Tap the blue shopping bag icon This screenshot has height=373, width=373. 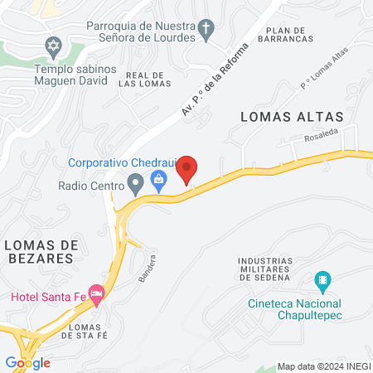point(159,178)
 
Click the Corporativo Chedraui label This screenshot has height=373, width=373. point(119,162)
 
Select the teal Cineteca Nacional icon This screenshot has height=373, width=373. point(325,280)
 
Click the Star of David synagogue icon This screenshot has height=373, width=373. point(56,43)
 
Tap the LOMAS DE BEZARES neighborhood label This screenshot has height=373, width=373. point(39,251)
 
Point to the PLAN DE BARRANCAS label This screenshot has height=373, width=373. point(285,33)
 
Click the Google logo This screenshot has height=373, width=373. point(27,362)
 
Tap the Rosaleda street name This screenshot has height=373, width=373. point(322,133)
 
